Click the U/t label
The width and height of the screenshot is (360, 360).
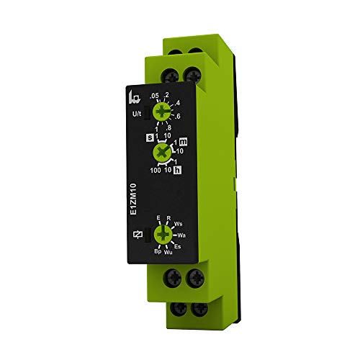(x=135, y=114)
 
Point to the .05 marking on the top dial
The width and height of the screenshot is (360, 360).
(x=152, y=96)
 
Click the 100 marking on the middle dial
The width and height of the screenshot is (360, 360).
(x=155, y=171)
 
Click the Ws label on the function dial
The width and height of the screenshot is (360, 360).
(x=179, y=223)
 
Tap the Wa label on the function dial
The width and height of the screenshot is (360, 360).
(x=182, y=235)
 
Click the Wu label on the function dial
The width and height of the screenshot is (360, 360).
(x=169, y=252)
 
